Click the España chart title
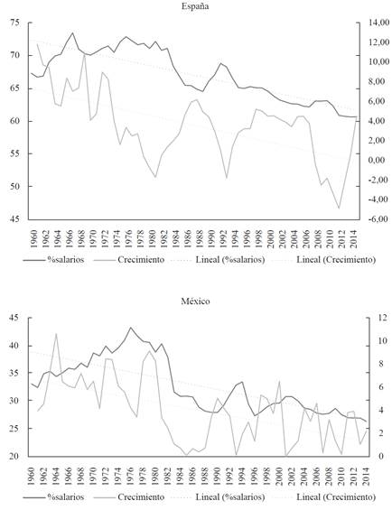(x=195, y=6)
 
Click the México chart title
(x=195, y=301)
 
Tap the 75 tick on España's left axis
(x=14, y=23)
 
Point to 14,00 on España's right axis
(x=378, y=23)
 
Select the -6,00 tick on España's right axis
(x=378, y=219)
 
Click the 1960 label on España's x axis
(x=33, y=238)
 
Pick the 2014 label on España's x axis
(x=355, y=238)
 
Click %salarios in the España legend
(x=66, y=260)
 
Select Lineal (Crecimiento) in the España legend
(x=336, y=260)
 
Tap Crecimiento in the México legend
(x=141, y=497)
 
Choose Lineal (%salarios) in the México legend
(x=230, y=497)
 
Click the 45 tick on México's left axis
(x=14, y=318)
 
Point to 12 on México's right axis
(x=378, y=318)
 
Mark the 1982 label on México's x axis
(x=169, y=477)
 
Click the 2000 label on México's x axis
(x=279, y=477)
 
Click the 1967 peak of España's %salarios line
(x=72, y=32)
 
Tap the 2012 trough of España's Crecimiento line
(x=339, y=208)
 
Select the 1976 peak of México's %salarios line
(x=131, y=328)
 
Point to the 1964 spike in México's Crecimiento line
(x=56, y=334)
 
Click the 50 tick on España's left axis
(x=14, y=186)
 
